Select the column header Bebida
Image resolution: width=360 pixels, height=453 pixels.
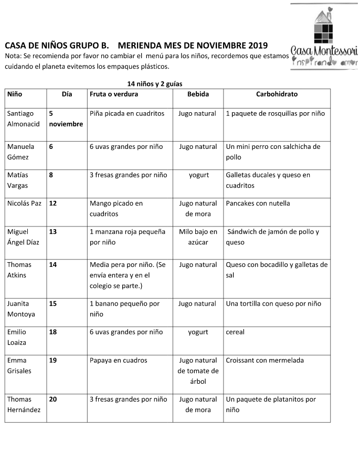(x=198, y=94)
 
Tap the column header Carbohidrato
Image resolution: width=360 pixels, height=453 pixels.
(x=277, y=94)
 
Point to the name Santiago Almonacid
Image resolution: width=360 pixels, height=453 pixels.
(x=24, y=119)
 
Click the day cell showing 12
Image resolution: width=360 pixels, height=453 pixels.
(x=53, y=203)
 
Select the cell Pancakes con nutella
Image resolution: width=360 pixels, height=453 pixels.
(x=258, y=203)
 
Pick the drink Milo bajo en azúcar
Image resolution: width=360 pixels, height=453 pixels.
(x=198, y=237)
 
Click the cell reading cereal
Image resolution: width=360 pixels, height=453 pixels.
(x=235, y=332)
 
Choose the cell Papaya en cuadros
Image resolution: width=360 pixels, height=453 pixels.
(x=119, y=360)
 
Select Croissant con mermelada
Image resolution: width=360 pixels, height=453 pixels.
(x=264, y=360)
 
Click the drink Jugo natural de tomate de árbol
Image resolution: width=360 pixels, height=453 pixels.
(x=198, y=371)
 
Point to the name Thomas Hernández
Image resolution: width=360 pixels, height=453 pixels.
(x=24, y=404)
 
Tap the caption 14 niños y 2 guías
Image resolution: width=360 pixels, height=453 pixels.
(x=155, y=83)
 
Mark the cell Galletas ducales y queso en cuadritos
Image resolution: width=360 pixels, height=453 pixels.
(x=268, y=180)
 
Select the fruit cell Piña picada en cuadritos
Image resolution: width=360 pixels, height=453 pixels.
(x=127, y=113)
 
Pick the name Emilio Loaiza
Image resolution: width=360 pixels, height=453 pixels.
(x=20, y=337)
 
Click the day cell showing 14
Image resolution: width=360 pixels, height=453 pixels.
(x=53, y=265)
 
